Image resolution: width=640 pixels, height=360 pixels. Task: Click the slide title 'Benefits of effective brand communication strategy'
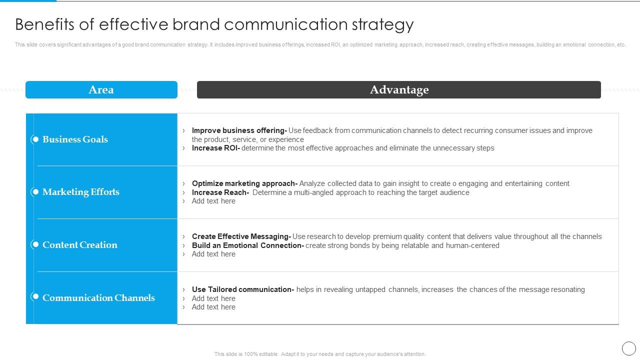(x=214, y=24)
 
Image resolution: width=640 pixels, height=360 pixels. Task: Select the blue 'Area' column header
(x=101, y=90)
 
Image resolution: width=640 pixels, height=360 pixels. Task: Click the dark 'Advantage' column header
(x=399, y=90)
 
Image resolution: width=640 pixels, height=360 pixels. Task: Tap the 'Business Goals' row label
(x=75, y=139)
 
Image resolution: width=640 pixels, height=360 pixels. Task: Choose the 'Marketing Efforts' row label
(x=81, y=192)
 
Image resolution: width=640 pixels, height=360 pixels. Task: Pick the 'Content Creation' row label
(x=80, y=245)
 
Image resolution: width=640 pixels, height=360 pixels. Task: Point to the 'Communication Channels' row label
(x=98, y=298)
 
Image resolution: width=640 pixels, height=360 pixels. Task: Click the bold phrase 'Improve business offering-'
(x=239, y=130)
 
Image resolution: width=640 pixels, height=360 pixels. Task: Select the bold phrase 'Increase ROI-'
(x=215, y=148)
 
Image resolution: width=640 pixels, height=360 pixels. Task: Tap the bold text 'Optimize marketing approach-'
(x=244, y=183)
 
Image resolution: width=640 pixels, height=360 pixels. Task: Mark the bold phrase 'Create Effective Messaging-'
(x=241, y=236)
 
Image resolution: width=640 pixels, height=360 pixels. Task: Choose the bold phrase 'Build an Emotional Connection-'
(x=247, y=245)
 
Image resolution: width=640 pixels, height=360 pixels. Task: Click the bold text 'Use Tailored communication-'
(x=242, y=289)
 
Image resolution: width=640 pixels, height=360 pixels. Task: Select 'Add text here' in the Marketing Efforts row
(x=213, y=201)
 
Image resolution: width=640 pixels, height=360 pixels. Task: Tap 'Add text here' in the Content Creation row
(x=213, y=254)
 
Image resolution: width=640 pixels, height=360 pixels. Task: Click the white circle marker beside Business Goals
(x=35, y=139)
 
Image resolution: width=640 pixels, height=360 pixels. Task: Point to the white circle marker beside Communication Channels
(x=35, y=296)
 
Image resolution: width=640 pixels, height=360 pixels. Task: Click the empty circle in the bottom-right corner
(x=628, y=348)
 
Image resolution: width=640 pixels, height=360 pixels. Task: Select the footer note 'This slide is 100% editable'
(x=320, y=354)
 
